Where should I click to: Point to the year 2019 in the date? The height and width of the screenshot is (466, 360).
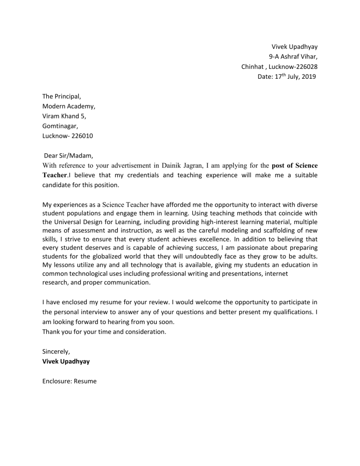308,76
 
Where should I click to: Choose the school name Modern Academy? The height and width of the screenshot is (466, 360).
69,106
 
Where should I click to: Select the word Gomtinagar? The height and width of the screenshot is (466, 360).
60,126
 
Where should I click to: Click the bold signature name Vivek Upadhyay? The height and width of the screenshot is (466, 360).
67,361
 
